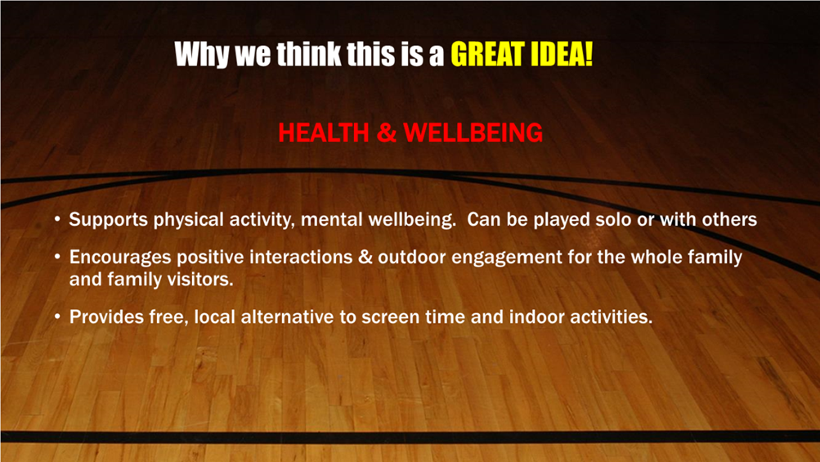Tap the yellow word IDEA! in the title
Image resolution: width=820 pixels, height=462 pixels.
tap(562, 54)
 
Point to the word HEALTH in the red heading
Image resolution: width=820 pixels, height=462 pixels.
tap(324, 132)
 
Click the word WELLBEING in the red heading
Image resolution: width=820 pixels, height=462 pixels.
tap(473, 132)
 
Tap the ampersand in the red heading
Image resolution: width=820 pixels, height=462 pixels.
tap(387, 132)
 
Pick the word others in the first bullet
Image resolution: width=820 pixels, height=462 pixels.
tap(729, 219)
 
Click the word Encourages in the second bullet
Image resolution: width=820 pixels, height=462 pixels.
tap(120, 258)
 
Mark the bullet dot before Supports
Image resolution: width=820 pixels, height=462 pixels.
tap(57, 219)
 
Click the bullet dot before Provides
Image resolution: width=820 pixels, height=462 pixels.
tap(57, 316)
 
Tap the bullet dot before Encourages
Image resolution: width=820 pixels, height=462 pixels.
tap(57, 257)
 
